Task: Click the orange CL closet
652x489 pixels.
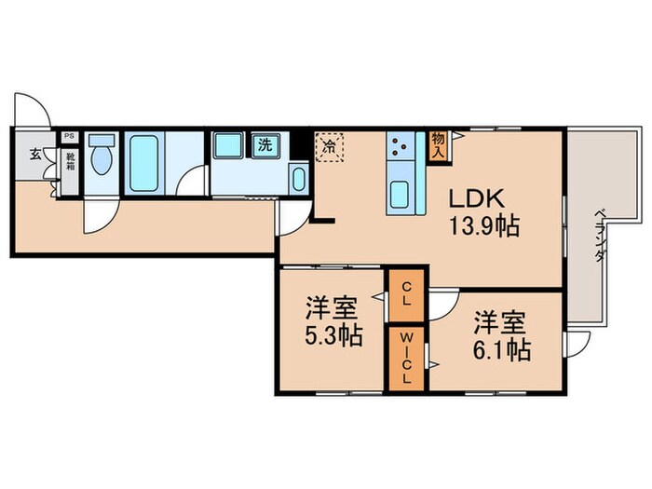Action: point(406,299)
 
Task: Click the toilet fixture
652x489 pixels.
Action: point(102,158)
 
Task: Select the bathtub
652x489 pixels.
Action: point(143,162)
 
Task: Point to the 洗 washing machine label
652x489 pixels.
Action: point(265,145)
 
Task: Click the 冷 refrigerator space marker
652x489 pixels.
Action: point(329,146)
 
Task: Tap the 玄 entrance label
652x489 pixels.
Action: point(34,154)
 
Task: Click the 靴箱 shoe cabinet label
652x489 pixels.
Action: point(69,164)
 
